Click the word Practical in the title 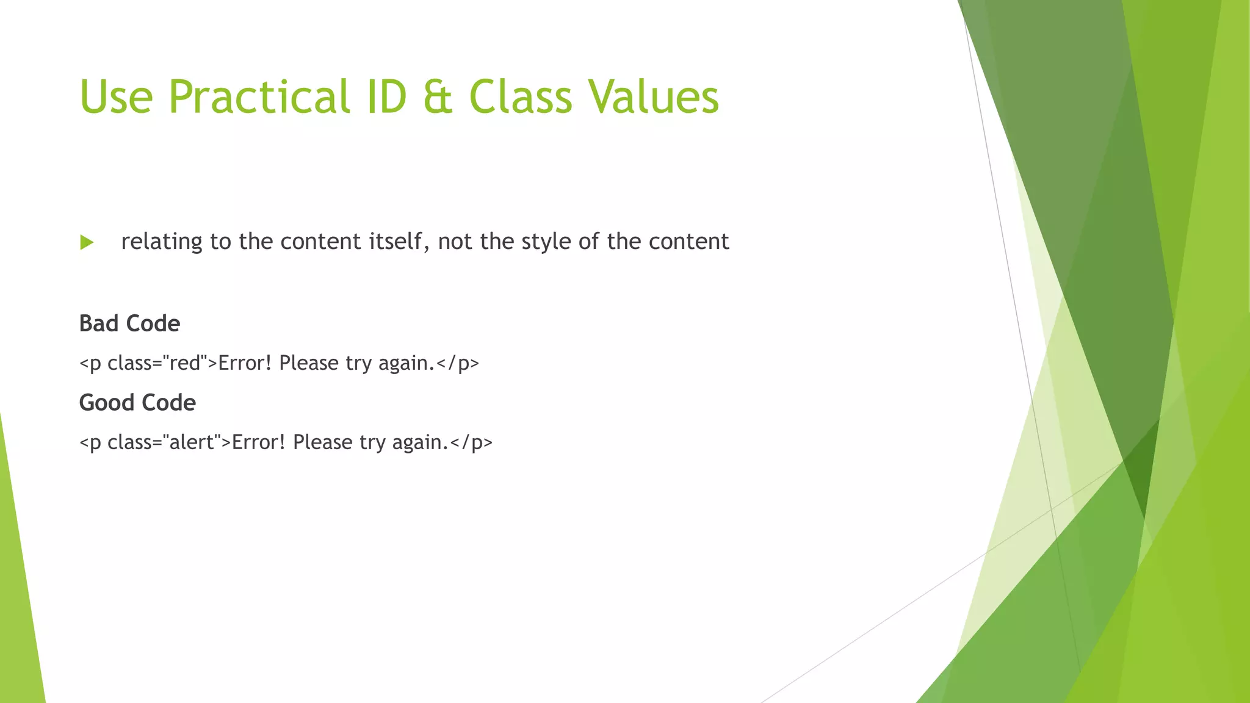pyautogui.click(x=259, y=98)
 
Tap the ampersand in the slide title pyautogui.click(x=437, y=98)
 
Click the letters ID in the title pyautogui.click(x=386, y=98)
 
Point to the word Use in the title pyautogui.click(x=116, y=98)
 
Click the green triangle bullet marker pyautogui.click(x=87, y=242)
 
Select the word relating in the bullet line pyautogui.click(x=162, y=242)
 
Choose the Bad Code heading pyautogui.click(x=129, y=323)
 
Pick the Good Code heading pyautogui.click(x=137, y=403)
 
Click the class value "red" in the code pyautogui.click(x=186, y=363)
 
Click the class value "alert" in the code pyautogui.click(x=192, y=442)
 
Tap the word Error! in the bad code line pyautogui.click(x=245, y=363)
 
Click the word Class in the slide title pyautogui.click(x=521, y=98)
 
